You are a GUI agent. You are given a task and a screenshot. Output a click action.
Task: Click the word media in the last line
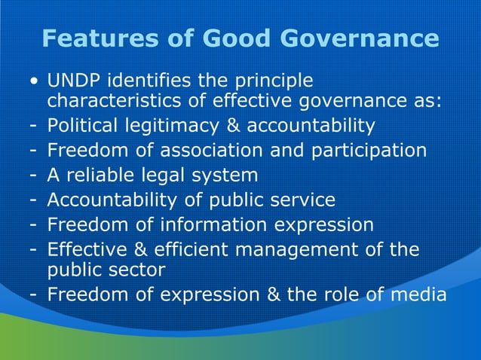421,294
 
